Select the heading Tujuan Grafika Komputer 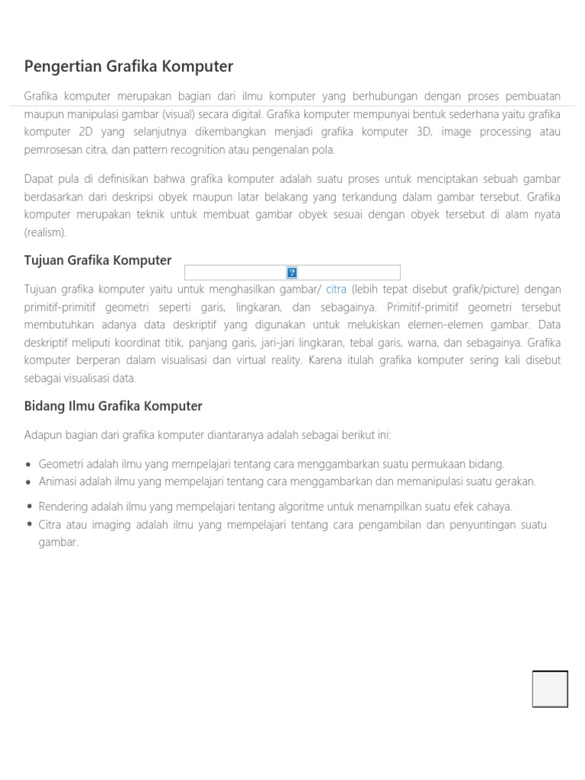click(98, 261)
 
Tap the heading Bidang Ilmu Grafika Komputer click(113, 406)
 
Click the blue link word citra click(336, 289)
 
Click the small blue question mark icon click(292, 273)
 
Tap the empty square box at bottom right click(550, 689)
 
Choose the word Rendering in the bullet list click(63, 507)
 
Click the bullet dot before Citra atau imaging click(29, 525)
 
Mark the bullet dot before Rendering click(29, 507)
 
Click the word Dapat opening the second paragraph click(40, 178)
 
